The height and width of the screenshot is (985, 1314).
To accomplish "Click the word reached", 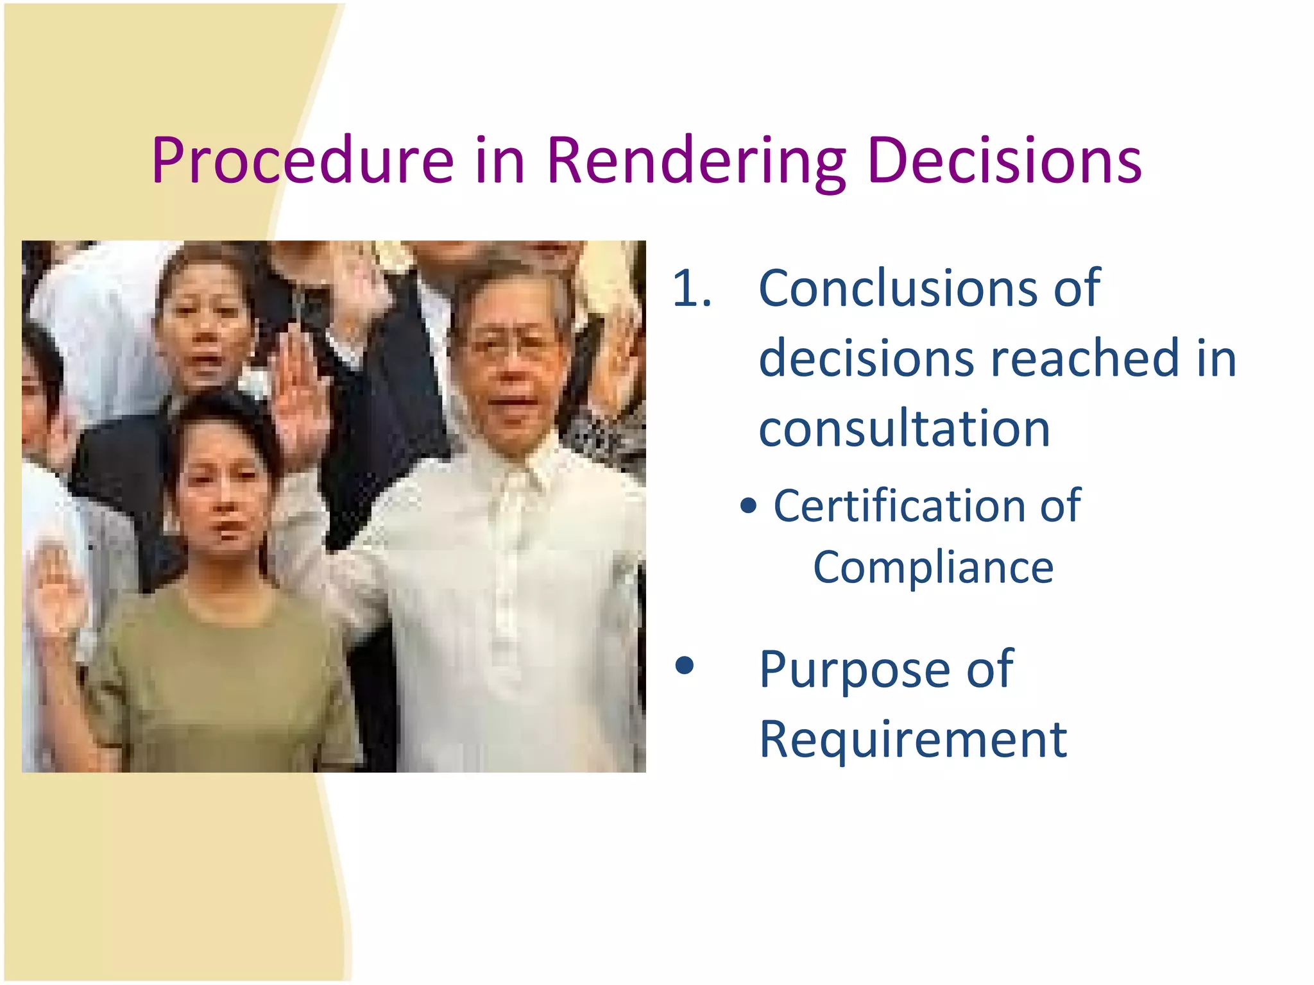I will coord(1084,358).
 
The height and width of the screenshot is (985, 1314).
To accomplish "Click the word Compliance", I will coord(933,568).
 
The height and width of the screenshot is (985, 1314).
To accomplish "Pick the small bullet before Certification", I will coord(748,507).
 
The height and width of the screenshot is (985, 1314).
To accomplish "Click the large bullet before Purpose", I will coord(685,666).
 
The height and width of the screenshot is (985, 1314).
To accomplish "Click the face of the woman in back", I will coord(204,321).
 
